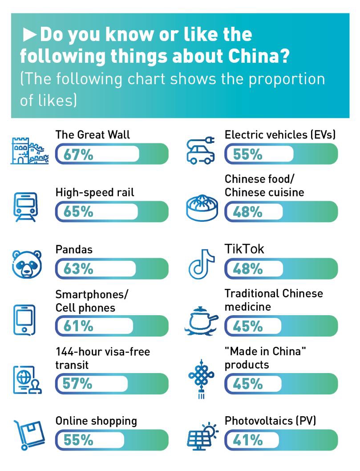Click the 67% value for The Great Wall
tap(78, 154)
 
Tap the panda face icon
tap(26, 263)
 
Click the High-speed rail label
tap(94, 192)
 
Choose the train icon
tap(26, 207)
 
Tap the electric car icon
tap(201, 150)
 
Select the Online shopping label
tap(96, 421)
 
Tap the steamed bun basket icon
tap(201, 207)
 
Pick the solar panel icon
tap(202, 436)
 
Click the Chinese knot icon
tap(201, 378)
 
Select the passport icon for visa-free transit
tap(27, 379)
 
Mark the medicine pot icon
tap(201, 321)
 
